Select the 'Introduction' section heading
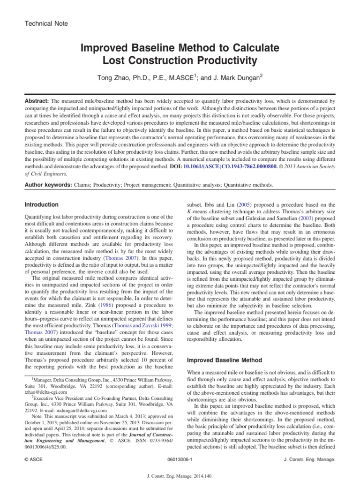tap(41, 205)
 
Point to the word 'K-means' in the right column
tap(198, 212)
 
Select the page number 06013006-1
tap(180, 460)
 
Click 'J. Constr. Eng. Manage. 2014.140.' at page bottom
tap(180, 474)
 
